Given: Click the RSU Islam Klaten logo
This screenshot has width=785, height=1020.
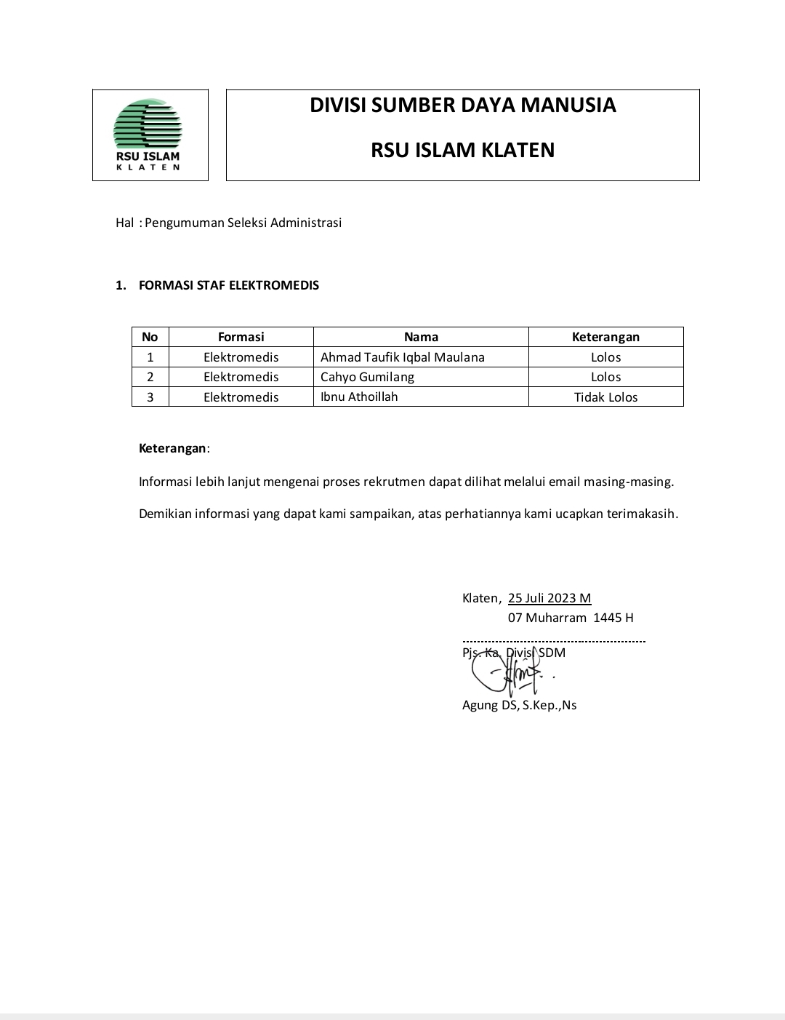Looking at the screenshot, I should pos(148,135).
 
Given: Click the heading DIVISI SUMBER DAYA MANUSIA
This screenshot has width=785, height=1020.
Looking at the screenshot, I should pos(462,105).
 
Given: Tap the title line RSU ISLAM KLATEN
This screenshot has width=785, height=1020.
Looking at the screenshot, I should pos(462,150).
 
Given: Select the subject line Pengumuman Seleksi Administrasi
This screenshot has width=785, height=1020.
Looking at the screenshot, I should pos(243,223).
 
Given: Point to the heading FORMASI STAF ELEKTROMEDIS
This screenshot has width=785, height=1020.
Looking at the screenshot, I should pos(228,285).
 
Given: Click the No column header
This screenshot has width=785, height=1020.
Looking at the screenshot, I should pos(150,337).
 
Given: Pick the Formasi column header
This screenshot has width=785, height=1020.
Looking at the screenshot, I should pos(241,337).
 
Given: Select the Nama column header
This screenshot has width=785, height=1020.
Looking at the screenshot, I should pos(421,337).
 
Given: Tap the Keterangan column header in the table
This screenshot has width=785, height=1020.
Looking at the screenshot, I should pos(605,337).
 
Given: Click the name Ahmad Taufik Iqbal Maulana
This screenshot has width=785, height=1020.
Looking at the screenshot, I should pos(402,357).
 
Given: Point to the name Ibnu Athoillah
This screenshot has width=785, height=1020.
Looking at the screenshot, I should pos(359,397).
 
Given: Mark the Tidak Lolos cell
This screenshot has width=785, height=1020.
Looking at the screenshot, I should pos(605,397).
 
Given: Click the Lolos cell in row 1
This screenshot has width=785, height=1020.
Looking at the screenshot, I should pos(605,357).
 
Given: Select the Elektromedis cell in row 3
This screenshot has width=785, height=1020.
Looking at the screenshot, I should pos(241,397).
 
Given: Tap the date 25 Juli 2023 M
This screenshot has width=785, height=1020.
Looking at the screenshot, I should pos(549,598).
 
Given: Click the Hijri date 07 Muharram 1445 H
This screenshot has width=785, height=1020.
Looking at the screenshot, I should pos(571,618).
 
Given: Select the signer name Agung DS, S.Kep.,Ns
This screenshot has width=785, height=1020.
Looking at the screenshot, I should pos(519,705).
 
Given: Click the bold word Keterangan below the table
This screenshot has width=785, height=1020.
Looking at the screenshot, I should pos(172,448).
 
